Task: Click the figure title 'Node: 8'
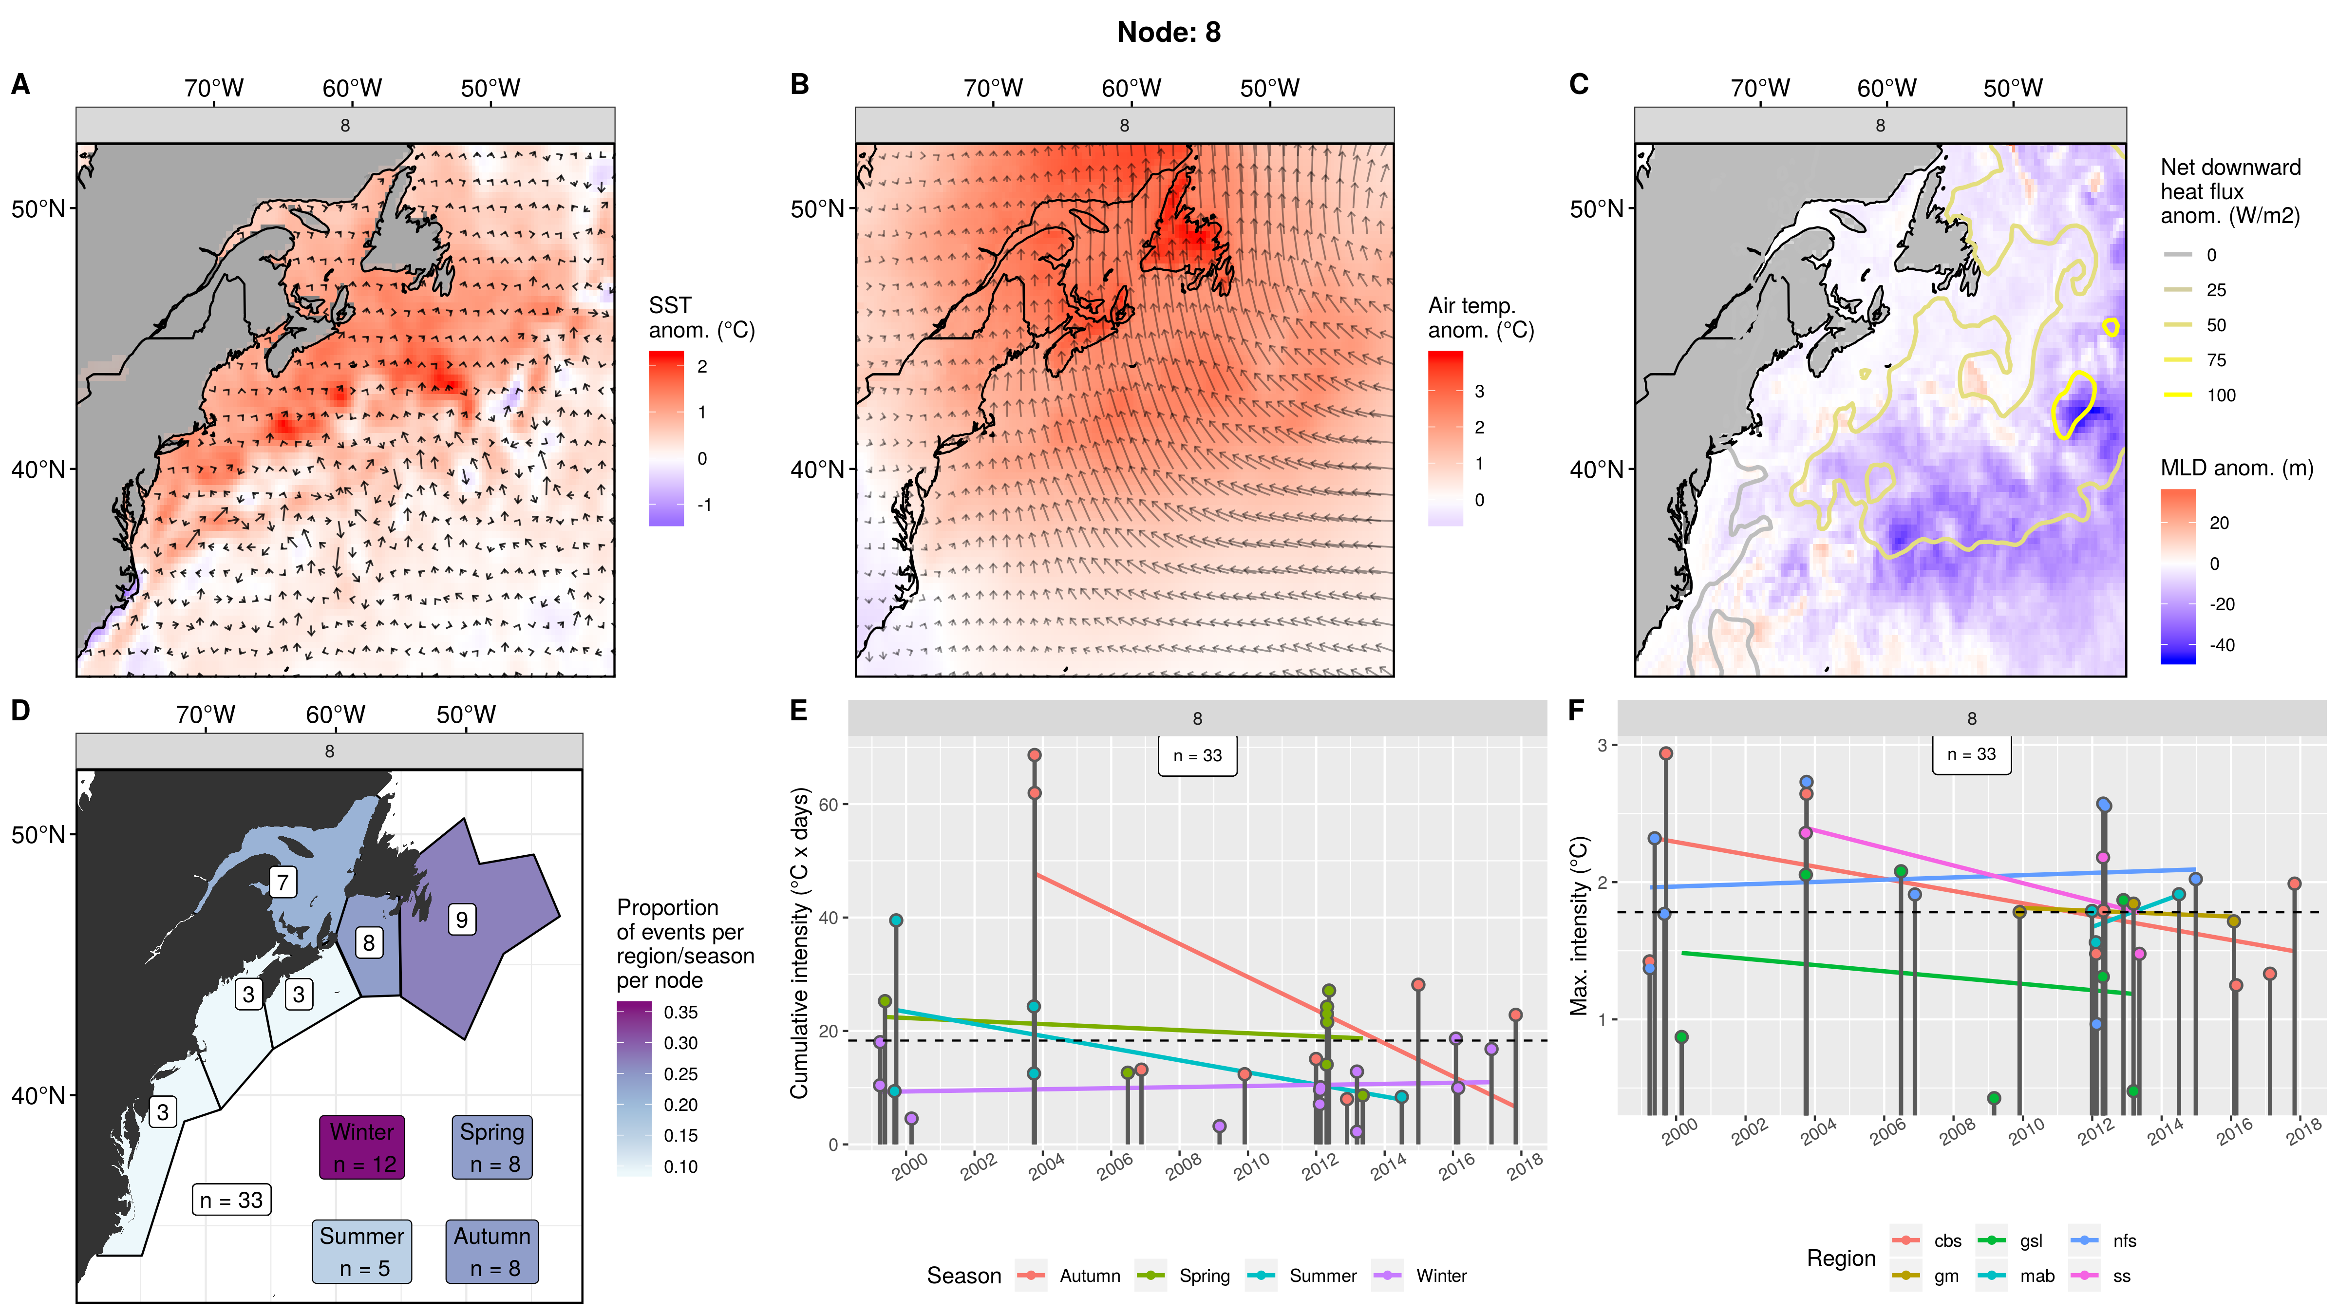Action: pyautogui.click(x=1168, y=33)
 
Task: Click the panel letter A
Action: pyautogui.click(x=20, y=84)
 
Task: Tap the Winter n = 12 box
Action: pyautogui.click(x=362, y=1147)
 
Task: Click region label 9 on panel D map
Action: pyautogui.click(x=462, y=920)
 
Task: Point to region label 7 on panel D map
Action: pyautogui.click(x=283, y=881)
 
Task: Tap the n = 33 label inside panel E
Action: pyautogui.click(x=1197, y=755)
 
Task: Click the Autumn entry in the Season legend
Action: pyautogui.click(x=1089, y=1275)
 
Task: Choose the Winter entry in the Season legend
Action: pyautogui.click(x=1440, y=1275)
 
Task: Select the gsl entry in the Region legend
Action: pyautogui.click(x=2030, y=1240)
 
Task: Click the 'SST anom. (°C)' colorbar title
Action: pyautogui.click(x=701, y=318)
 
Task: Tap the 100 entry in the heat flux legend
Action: pyautogui.click(x=2221, y=395)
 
